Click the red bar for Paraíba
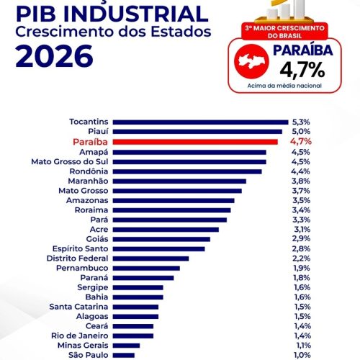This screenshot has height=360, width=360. tap(195, 142)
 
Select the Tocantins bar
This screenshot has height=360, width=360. tap(200, 122)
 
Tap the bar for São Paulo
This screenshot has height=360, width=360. tap(124, 355)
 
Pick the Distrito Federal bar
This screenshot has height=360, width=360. tap(150, 258)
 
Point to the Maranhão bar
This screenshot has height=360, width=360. tap(179, 181)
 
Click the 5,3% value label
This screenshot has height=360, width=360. tap(301, 122)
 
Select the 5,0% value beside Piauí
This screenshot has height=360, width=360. tap(301, 132)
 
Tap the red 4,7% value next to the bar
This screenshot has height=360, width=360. tap(301, 142)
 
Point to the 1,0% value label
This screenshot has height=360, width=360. tap(302, 355)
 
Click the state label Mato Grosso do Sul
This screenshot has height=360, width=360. tap(70, 162)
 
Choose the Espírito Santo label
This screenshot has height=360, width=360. tap(80, 248)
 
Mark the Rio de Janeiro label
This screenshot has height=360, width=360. tap(80, 336)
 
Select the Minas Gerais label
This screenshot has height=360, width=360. tap(83, 346)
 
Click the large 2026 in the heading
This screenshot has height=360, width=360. tap(54, 56)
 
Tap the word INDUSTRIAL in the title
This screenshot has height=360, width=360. tap(136, 14)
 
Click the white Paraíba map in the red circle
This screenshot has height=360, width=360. tap(251, 61)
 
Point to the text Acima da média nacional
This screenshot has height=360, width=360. tap(284, 86)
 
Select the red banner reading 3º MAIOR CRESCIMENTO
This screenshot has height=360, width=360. tap(284, 32)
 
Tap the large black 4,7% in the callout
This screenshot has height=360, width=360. tap(302, 70)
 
